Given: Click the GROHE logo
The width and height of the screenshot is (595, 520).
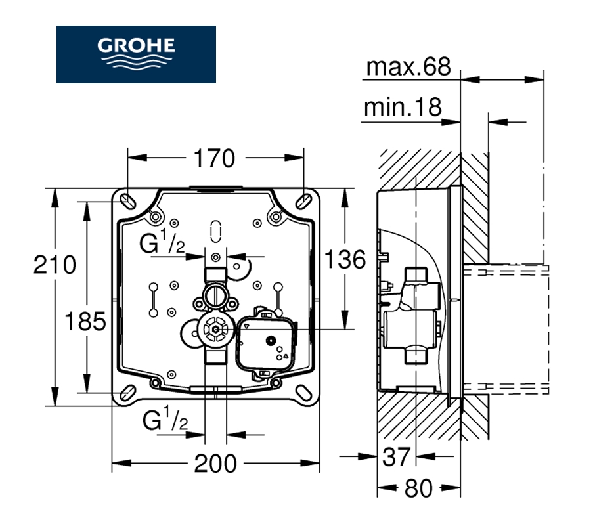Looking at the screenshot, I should click(136, 54).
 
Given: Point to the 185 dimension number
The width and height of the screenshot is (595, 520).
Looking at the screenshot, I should click(85, 322).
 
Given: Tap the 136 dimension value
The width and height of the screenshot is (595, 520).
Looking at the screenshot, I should click(343, 259).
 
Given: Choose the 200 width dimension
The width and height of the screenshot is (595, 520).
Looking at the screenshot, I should click(216, 464).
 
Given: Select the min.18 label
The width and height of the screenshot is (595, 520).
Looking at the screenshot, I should click(403, 107).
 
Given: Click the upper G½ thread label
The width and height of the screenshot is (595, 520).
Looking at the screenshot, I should click(162, 245).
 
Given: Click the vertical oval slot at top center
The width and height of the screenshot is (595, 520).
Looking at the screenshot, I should click(216, 230).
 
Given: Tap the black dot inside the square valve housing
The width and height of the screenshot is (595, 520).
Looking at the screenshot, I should click(269, 340).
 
